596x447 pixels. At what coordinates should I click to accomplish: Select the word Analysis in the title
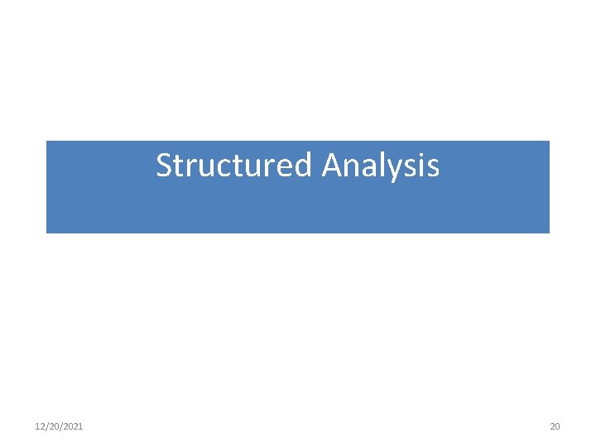381,166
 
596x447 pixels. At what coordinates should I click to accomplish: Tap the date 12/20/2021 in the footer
59,426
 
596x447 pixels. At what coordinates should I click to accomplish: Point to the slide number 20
555,426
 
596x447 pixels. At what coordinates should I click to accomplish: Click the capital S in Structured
164,166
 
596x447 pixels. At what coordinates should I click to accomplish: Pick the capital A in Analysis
333,166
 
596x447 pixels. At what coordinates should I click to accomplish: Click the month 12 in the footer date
40,426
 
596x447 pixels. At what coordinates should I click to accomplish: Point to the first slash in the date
46,426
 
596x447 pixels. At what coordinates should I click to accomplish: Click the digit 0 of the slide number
557,426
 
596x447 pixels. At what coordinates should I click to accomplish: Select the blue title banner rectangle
298,207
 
